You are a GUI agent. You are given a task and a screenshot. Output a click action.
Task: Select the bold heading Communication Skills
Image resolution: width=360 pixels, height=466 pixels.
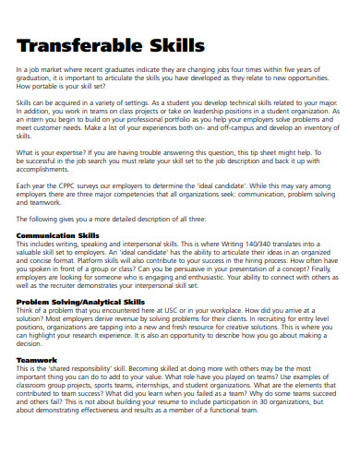[x=58, y=235]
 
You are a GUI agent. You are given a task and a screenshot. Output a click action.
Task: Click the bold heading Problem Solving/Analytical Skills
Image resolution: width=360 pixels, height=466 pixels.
[x=80, y=301]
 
